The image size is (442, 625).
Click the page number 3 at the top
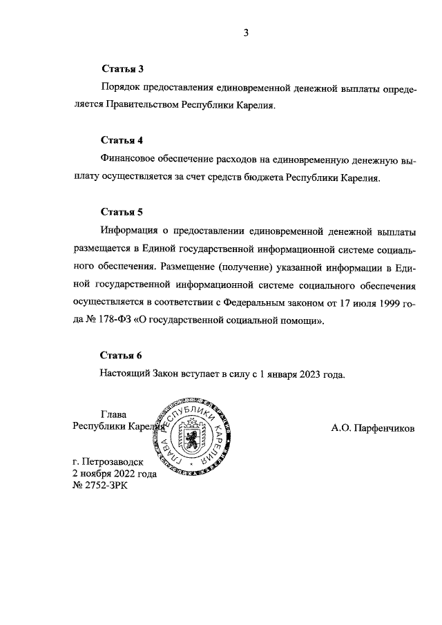pyautogui.click(x=245, y=33)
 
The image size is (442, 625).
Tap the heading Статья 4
pyautogui.click(x=122, y=141)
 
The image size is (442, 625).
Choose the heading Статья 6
pyautogui.click(x=122, y=356)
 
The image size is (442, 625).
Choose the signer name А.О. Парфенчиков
pyautogui.click(x=373, y=428)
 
